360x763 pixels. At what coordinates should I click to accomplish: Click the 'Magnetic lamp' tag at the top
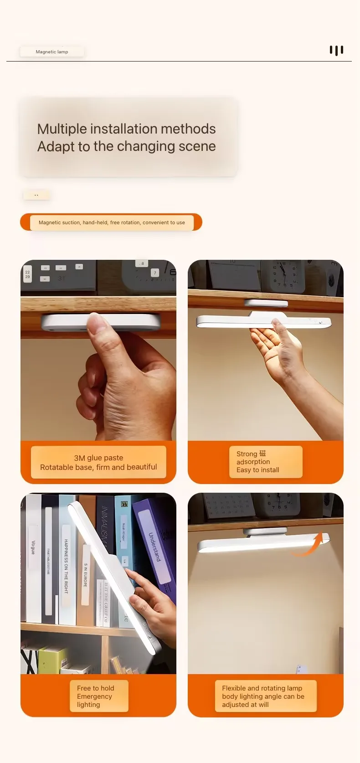pos(52,52)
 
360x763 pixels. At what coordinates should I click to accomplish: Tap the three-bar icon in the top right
pos(336,50)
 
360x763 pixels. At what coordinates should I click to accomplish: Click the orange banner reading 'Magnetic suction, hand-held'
pos(111,222)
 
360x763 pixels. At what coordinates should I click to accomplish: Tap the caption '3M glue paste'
pos(98,458)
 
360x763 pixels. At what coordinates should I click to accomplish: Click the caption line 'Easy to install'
pos(257,470)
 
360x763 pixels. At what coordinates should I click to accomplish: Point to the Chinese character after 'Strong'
pos(262,454)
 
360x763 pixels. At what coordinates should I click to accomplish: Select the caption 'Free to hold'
pos(95,688)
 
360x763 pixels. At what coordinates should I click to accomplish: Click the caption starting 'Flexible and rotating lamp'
pos(262,688)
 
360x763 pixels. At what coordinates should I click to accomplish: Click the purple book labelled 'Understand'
pos(154,542)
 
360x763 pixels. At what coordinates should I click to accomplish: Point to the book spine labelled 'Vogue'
pos(33,547)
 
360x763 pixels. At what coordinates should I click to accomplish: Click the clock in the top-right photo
pos(286,276)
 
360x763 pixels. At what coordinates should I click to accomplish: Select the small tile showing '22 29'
pos(27,274)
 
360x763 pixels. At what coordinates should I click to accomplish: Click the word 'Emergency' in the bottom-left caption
pos(94,696)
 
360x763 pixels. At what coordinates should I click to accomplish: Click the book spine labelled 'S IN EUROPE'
pos(85,574)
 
